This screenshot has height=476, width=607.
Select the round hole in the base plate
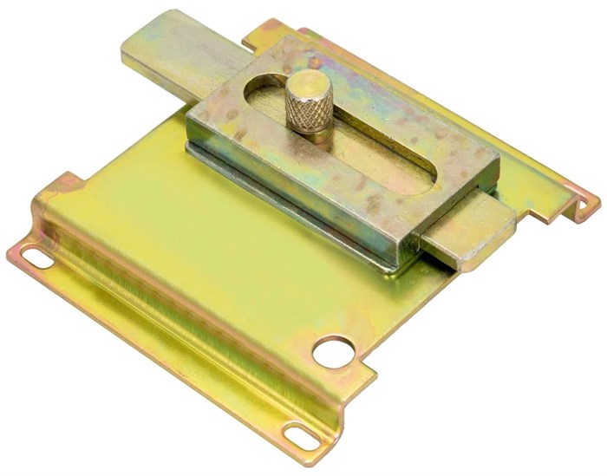click(333, 351)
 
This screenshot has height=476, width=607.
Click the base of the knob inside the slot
click(312, 139)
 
